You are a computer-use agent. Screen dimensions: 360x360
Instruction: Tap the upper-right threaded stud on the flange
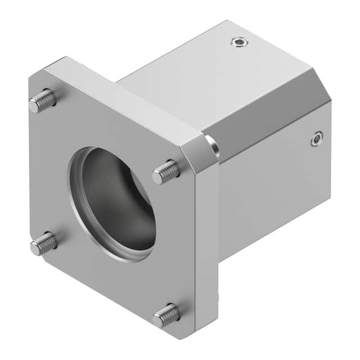(x=166, y=171)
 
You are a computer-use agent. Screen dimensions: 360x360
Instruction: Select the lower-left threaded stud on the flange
(x=43, y=243)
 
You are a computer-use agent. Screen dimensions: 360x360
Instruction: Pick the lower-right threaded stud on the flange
(x=166, y=315)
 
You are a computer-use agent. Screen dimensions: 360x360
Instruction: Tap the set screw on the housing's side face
(x=317, y=138)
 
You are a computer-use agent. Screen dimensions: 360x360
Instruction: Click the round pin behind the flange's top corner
(x=212, y=145)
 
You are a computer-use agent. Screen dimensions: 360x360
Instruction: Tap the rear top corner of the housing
(x=227, y=21)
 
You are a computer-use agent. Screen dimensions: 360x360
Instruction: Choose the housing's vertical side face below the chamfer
(x=270, y=191)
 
